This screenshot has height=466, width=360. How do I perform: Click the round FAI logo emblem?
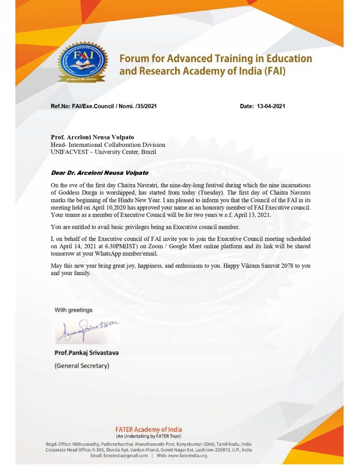pos(82,62)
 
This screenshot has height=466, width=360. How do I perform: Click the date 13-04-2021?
pos(270,106)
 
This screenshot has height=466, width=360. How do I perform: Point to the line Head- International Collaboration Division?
pos(108,145)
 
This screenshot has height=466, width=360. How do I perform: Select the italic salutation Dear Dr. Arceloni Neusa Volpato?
pos(100,173)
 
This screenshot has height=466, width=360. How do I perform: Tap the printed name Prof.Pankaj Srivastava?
pos(86,353)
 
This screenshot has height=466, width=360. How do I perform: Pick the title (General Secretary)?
pos(82,366)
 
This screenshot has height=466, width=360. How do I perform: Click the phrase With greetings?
pos(74,310)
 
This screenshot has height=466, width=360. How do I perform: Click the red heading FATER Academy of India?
pos(148,430)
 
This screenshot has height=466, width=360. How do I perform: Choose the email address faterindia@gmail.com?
pos(122,456)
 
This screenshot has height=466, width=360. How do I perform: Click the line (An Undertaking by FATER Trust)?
pos(148,436)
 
